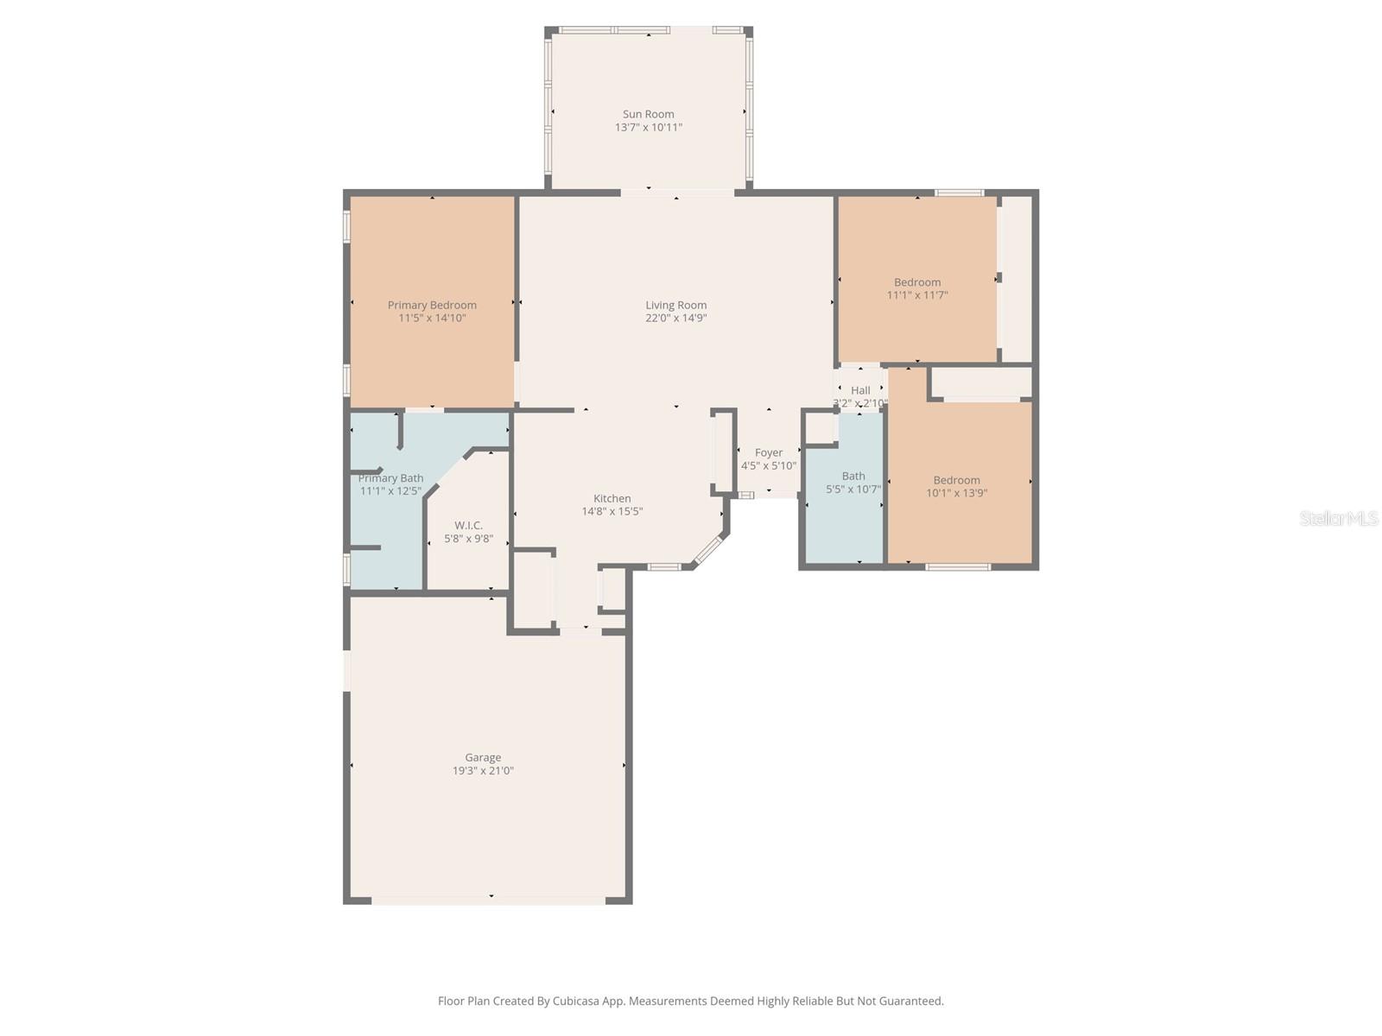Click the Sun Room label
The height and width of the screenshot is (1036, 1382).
tap(648, 114)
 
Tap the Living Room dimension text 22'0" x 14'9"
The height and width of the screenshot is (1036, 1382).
tap(675, 318)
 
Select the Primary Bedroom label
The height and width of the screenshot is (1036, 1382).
tap(432, 305)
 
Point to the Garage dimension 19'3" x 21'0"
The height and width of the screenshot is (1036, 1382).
tap(483, 771)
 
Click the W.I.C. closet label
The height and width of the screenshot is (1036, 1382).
tap(468, 525)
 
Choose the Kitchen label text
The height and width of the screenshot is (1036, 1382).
tap(612, 498)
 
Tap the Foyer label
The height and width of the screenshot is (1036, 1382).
tap(768, 452)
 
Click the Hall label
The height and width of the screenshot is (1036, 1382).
tap(860, 390)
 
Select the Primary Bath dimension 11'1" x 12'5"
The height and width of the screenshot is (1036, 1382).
tap(390, 491)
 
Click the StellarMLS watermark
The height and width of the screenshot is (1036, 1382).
tap(1339, 518)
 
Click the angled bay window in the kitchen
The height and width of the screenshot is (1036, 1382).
tap(709, 550)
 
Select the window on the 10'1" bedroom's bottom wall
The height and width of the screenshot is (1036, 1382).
tap(957, 567)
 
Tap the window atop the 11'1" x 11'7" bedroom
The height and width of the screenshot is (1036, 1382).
tap(959, 193)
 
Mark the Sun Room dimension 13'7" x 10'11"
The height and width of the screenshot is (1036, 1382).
tap(648, 128)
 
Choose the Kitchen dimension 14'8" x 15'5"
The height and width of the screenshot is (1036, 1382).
tap(612, 511)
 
